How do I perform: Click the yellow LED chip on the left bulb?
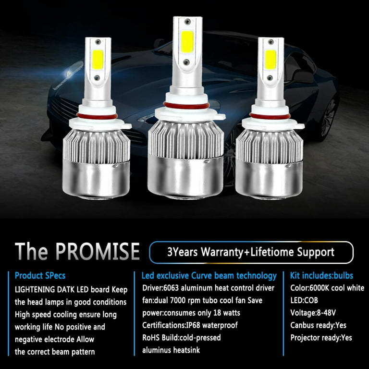(x=98, y=60)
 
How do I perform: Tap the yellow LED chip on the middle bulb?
(x=187, y=42)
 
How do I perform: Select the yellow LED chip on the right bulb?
(x=271, y=60)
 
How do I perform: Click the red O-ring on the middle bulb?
(x=186, y=105)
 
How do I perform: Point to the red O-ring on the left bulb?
(x=97, y=116)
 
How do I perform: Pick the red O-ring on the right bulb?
(x=270, y=116)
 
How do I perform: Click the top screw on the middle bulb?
(x=187, y=22)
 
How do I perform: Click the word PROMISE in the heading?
(x=98, y=251)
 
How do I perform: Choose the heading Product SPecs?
(x=40, y=276)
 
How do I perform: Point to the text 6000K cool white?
(x=337, y=288)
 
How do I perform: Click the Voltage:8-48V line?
(x=313, y=313)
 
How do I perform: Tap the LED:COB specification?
(x=304, y=300)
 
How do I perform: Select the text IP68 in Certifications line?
(x=193, y=325)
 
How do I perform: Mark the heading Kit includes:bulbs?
(x=321, y=276)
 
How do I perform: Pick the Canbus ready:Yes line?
(x=318, y=325)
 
